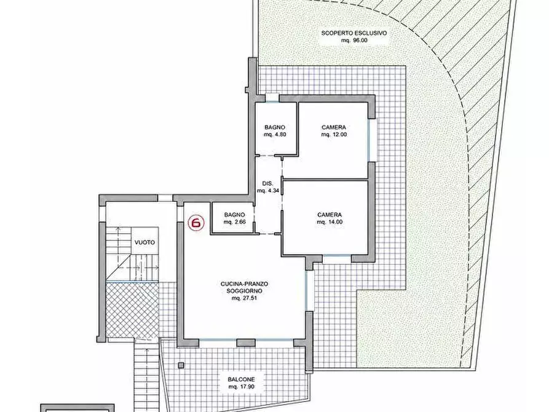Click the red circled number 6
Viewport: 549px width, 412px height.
196,223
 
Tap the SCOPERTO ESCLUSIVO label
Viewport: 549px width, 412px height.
354,33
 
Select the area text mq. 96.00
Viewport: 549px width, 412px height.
354,41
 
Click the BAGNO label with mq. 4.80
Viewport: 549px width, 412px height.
275,127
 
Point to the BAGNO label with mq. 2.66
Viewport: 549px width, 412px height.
235,215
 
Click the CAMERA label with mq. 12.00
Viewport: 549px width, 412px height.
334,127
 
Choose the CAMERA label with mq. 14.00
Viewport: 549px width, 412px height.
330,215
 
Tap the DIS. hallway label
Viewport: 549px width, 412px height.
268,184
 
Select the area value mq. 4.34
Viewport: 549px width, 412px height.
268,191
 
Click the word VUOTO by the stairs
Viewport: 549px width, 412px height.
144,242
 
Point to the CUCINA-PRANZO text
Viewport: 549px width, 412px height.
245,284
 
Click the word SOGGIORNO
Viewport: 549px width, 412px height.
245,291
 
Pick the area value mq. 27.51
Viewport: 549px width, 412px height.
245,298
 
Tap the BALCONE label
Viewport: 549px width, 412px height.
241,379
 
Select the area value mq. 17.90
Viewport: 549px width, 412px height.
241,387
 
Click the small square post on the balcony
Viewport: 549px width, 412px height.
181,366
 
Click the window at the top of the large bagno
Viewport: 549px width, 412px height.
272,98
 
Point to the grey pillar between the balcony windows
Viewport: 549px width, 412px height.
246,343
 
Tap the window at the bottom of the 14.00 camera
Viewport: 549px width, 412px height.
337,259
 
